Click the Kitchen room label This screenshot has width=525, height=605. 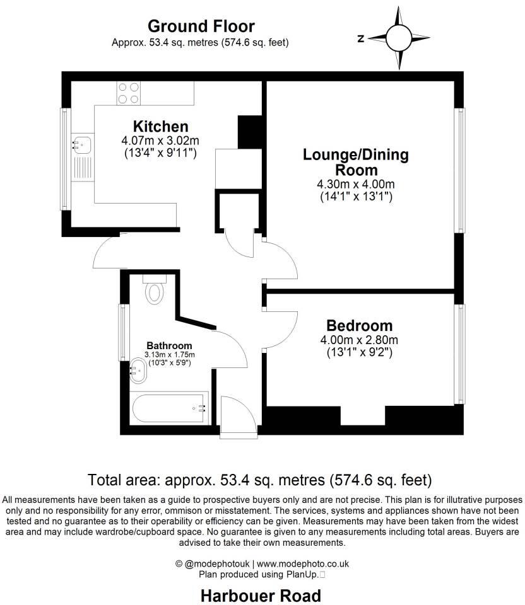pyautogui.click(x=160, y=126)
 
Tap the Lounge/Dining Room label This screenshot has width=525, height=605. pyautogui.click(x=356, y=162)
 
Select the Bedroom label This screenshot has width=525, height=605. pyautogui.click(x=359, y=326)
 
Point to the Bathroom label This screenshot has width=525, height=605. pyautogui.click(x=169, y=345)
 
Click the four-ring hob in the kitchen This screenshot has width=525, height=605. pyautogui.click(x=129, y=93)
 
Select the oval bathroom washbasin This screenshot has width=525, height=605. pyautogui.click(x=139, y=372)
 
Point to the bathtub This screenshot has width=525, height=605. pyautogui.click(x=170, y=408)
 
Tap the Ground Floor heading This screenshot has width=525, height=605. pyautogui.click(x=201, y=26)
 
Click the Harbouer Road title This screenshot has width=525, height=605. pyautogui.click(x=261, y=595)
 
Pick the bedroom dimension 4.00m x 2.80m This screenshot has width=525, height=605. pyautogui.click(x=359, y=340)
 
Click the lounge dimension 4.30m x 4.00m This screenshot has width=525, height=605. pyautogui.click(x=356, y=184)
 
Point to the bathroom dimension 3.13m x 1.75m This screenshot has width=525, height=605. pyautogui.click(x=169, y=355)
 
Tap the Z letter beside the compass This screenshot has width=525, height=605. pyautogui.click(x=360, y=38)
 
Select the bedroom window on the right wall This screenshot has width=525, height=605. pyautogui.click(x=462, y=354)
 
